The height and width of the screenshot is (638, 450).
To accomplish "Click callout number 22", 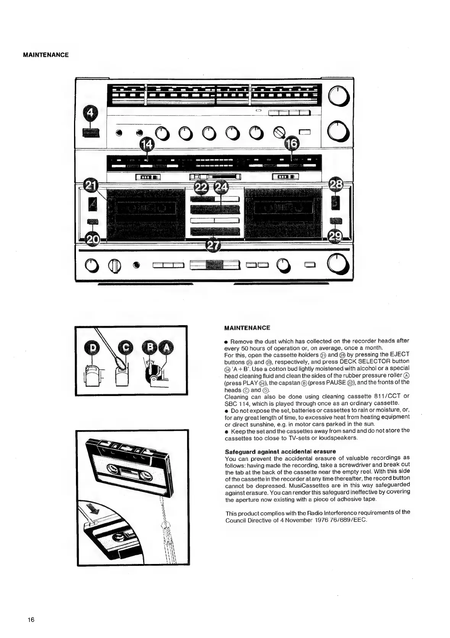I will tap(202, 188).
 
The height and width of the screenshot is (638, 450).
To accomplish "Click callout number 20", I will tap(92, 240).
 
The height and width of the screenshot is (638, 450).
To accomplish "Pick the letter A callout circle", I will tap(165, 347).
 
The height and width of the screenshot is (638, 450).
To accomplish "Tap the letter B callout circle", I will tap(150, 347).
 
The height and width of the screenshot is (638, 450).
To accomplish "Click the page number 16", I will tap(31, 620).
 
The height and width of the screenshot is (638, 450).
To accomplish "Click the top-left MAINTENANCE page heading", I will tap(46, 55).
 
